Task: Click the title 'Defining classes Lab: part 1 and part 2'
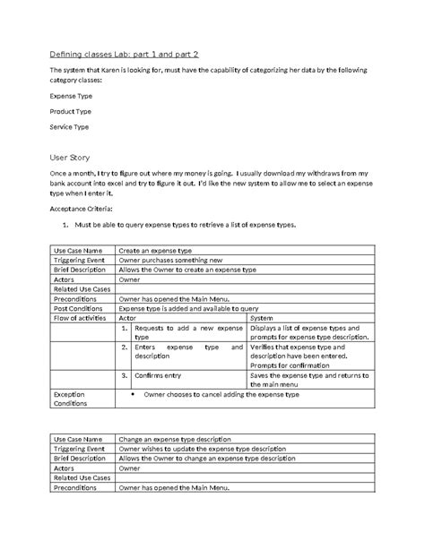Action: (124, 54)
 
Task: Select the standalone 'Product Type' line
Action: (70, 112)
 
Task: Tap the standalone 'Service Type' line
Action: (69, 127)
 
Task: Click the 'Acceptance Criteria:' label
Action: (81, 207)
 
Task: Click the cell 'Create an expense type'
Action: (155, 250)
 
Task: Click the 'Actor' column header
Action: (127, 317)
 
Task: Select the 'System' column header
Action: (262, 317)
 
